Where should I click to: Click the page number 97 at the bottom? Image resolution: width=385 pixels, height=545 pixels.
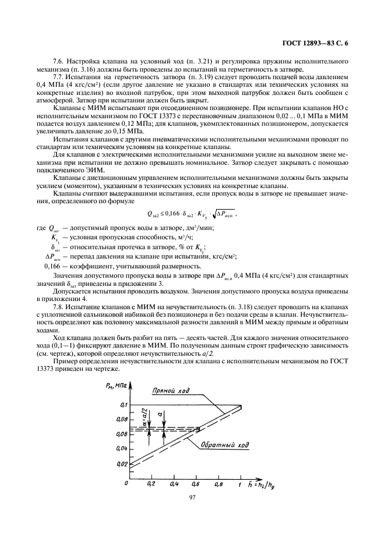[192, 497]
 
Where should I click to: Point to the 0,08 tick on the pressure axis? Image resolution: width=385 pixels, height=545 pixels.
[121, 419]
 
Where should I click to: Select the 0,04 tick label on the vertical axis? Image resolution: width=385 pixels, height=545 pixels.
[121, 448]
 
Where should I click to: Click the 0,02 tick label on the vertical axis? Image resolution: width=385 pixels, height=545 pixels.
[121, 463]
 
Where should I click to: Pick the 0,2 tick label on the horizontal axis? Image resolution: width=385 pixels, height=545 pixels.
[151, 483]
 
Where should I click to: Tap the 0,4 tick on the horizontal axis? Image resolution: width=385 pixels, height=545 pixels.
[174, 483]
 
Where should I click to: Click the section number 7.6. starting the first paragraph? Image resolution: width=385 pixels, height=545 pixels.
[59, 61]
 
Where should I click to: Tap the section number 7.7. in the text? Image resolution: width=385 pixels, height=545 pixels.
[59, 77]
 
